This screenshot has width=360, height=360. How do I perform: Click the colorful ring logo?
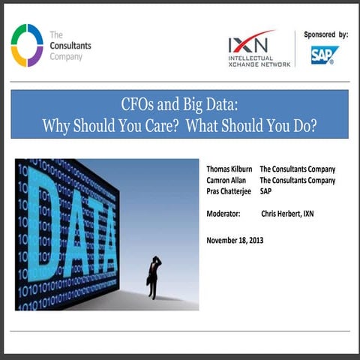click(x=27, y=45)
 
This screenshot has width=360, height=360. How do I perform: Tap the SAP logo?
click(x=325, y=55)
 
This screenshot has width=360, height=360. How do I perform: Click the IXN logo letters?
click(x=250, y=43)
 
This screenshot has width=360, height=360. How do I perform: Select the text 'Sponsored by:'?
click(x=326, y=34)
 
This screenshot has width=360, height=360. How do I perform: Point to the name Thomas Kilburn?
click(x=229, y=169)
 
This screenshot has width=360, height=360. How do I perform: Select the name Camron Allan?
click(x=226, y=180)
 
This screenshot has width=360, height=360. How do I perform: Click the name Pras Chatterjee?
click(x=229, y=191)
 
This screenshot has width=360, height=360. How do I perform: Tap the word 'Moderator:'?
click(x=223, y=214)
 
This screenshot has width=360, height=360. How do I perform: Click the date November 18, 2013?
click(x=235, y=240)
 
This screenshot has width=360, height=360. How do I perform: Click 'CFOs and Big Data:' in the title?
click(x=179, y=104)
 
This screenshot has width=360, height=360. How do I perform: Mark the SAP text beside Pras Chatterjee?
click(x=267, y=191)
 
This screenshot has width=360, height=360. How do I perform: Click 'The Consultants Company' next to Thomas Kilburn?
click(x=297, y=169)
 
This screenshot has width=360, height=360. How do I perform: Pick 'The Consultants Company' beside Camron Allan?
click(x=297, y=180)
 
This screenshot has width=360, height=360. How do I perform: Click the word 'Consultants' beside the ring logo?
click(x=70, y=45)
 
